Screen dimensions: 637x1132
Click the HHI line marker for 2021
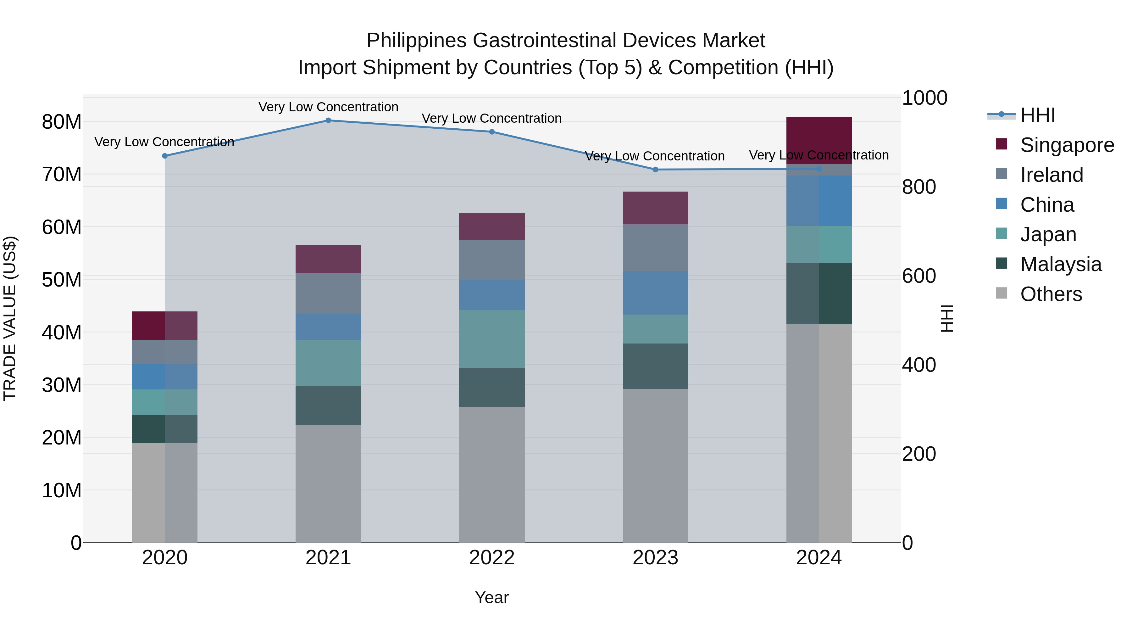[x=328, y=120]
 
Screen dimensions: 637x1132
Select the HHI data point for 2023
[x=655, y=170]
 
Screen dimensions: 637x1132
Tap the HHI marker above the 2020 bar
[x=165, y=156]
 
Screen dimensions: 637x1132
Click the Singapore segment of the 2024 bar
[x=819, y=140]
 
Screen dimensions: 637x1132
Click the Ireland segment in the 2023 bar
[x=655, y=248]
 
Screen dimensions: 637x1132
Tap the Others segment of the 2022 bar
[x=492, y=474]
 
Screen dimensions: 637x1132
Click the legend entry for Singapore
[x=1067, y=145]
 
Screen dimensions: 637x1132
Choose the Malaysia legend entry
[x=1060, y=264]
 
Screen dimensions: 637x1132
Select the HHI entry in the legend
[x=1037, y=115]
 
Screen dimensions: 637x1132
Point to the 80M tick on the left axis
[x=62, y=122]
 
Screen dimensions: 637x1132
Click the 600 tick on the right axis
[x=919, y=276]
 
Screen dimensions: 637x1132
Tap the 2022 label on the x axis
[x=492, y=558]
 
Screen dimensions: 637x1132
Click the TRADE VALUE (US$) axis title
[x=10, y=318]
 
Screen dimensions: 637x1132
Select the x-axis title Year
[x=492, y=597]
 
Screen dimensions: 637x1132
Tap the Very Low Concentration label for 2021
[x=328, y=107]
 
